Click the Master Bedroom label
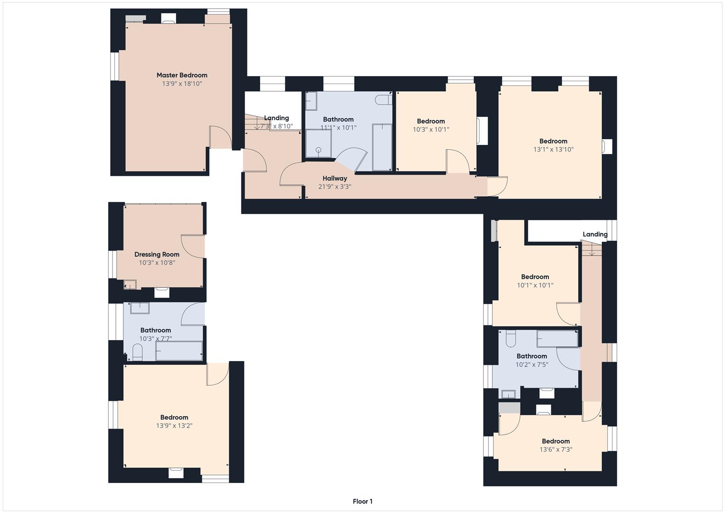(182, 75)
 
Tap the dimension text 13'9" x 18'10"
(182, 84)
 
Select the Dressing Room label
(157, 254)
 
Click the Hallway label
(335, 178)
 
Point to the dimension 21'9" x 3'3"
(335, 187)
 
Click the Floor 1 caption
(362, 501)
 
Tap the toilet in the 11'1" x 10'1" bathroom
(383, 100)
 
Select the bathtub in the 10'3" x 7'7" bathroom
(179, 351)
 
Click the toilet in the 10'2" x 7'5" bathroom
(511, 339)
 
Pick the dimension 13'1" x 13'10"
(553, 149)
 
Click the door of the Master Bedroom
(221, 138)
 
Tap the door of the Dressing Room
(193, 246)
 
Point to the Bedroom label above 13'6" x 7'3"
(556, 441)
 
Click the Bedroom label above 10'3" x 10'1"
(431, 121)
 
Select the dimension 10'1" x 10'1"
(535, 285)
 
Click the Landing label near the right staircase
(595, 234)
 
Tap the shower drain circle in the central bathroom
(318, 150)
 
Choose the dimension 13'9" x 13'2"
(174, 426)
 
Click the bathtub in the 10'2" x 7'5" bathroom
(557, 339)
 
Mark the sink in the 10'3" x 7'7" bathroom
(140, 308)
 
